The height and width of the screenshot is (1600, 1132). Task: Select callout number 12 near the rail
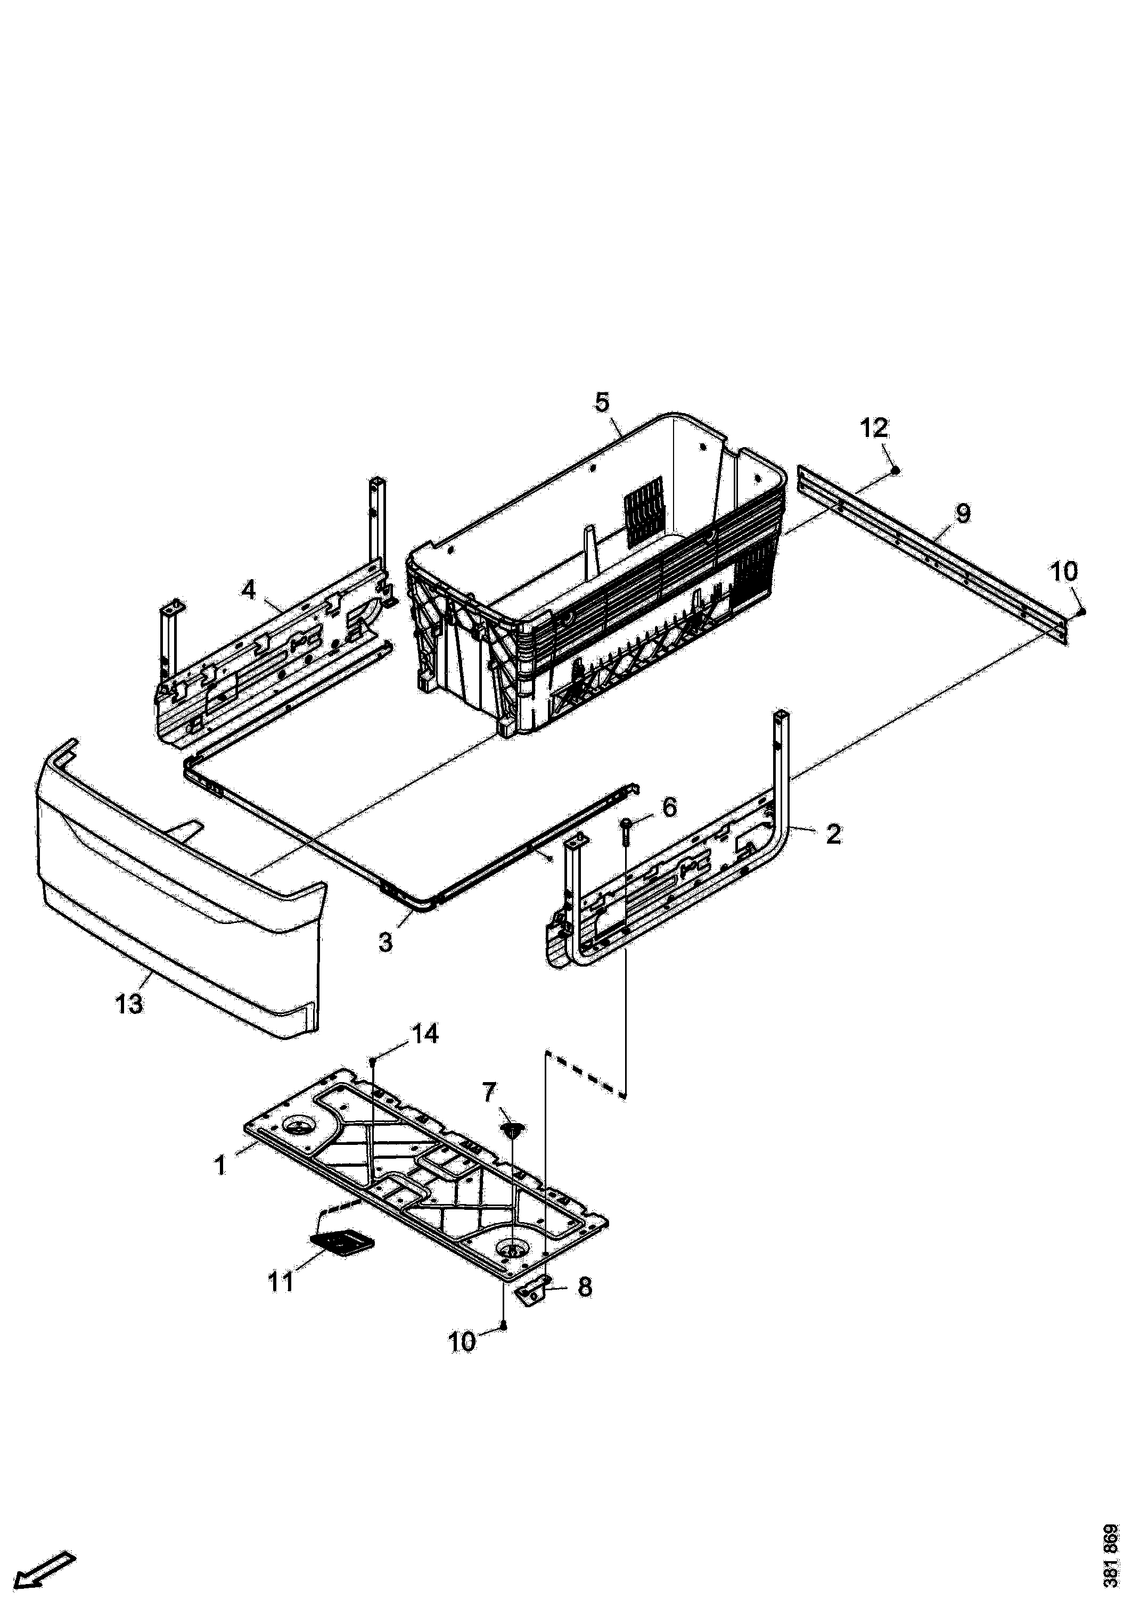point(874,427)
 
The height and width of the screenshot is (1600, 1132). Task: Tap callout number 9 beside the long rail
point(963,514)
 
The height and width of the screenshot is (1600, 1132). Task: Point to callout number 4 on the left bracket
point(249,590)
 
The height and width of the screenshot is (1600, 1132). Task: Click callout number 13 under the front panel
point(129,1004)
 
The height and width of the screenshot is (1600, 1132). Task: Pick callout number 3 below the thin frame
point(385,942)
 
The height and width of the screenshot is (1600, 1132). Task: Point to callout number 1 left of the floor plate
point(220,1165)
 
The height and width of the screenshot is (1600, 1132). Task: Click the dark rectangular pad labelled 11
point(341,1240)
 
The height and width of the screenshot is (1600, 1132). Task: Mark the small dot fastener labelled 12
point(897,471)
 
